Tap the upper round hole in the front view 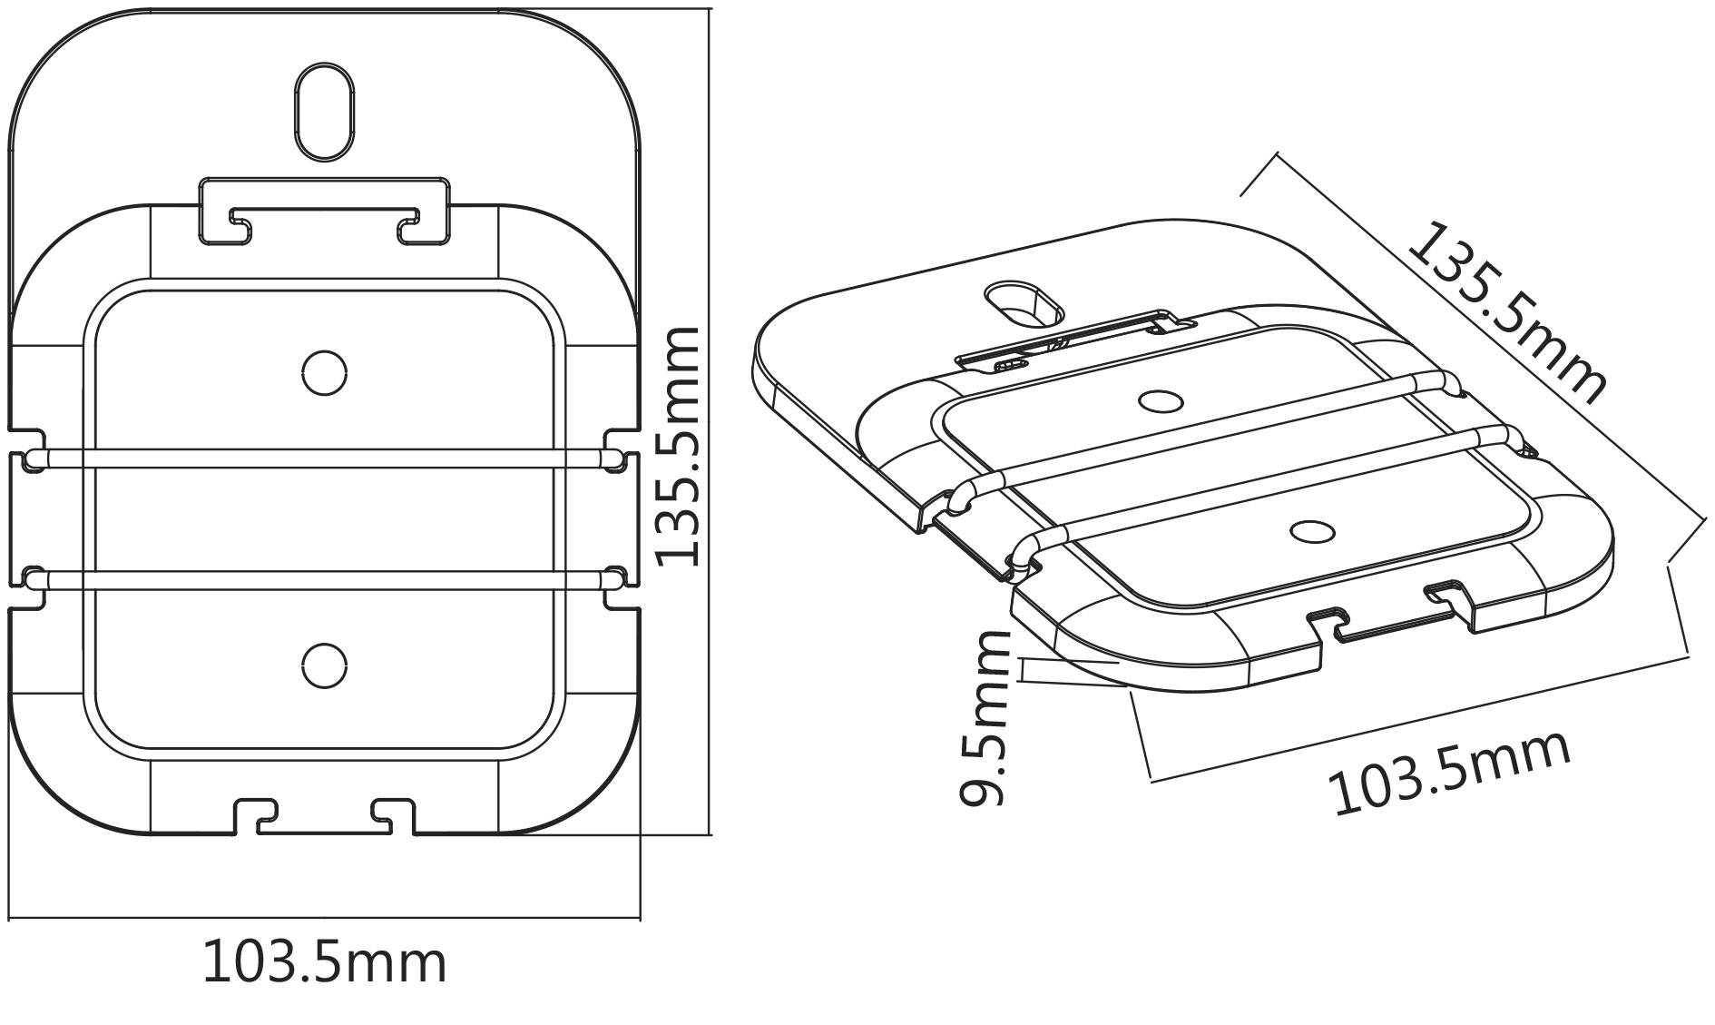tap(324, 372)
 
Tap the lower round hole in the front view tap(324, 666)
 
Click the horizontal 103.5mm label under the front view tap(324, 963)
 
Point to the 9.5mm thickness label tap(985, 718)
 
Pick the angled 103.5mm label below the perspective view tap(1449, 772)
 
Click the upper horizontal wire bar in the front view tap(324, 458)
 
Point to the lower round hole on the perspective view tap(1312, 532)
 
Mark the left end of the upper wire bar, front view tap(34, 458)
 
